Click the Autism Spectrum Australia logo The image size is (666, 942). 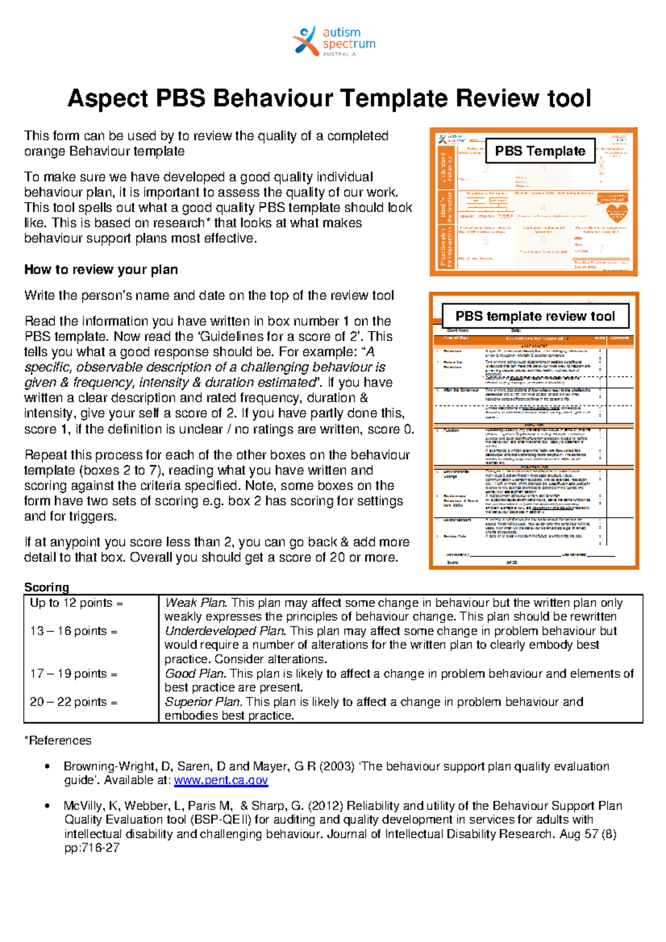point(334,41)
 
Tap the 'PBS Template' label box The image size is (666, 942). point(540,151)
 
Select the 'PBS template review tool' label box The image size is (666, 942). point(535,316)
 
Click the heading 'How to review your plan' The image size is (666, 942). point(101,270)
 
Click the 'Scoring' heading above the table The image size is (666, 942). point(47,587)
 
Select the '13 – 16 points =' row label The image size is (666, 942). point(73,631)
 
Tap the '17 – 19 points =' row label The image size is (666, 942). point(73,673)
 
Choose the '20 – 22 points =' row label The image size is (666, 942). point(73,702)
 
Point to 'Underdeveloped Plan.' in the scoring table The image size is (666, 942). point(225,631)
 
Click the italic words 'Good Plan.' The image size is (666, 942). point(195,673)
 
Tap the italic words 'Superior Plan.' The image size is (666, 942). point(203,702)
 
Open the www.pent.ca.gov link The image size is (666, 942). point(221,781)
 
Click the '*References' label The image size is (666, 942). point(58,741)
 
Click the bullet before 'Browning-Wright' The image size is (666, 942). point(48,767)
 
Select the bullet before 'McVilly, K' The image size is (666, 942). point(48,806)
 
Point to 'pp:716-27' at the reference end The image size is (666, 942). point(92,848)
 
